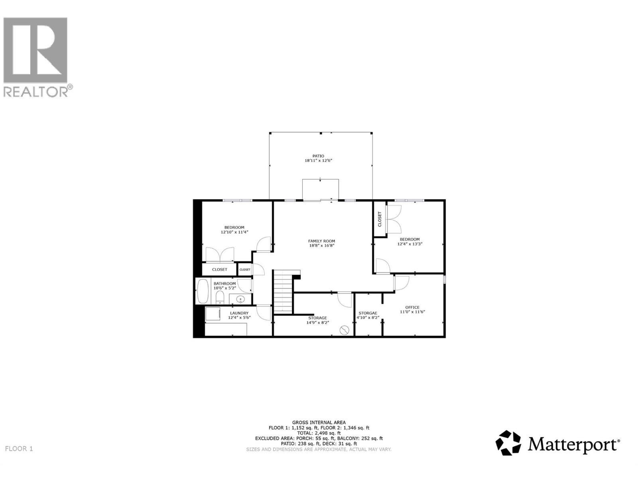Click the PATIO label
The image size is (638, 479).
pyautogui.click(x=318, y=156)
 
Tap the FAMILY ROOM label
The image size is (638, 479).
pyautogui.click(x=321, y=241)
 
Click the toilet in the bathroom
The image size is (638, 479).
pyautogui.click(x=219, y=297)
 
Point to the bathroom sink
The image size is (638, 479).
pyautogui.click(x=240, y=299)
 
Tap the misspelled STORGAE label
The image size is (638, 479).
pyautogui.click(x=368, y=313)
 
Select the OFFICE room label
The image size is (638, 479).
pyautogui.click(x=412, y=307)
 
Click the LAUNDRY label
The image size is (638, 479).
pyautogui.click(x=239, y=313)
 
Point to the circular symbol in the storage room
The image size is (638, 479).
pyautogui.click(x=345, y=330)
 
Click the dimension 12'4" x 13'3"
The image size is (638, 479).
pyautogui.click(x=410, y=244)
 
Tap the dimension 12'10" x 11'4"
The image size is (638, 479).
pyautogui.click(x=234, y=232)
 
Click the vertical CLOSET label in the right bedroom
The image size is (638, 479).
pyautogui.click(x=380, y=219)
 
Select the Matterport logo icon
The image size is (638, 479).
pyautogui.click(x=508, y=442)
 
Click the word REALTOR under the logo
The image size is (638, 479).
pyautogui.click(x=36, y=92)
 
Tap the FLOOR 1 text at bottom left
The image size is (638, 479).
pyautogui.click(x=19, y=449)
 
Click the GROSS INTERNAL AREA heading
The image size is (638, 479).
pyautogui.click(x=319, y=422)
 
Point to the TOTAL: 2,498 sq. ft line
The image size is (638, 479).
pyautogui.click(x=319, y=433)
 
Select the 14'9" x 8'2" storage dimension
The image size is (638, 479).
pyautogui.click(x=317, y=323)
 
